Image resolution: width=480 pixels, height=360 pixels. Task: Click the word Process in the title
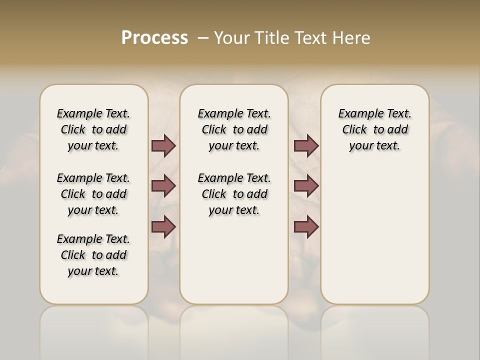pos(154,38)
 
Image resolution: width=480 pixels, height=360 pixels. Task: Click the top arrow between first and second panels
pos(163,146)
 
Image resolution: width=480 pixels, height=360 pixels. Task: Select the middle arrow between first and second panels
pos(163,186)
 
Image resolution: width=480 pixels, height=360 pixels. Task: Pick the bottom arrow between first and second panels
pos(163,227)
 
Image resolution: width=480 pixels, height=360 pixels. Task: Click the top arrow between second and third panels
pos(306,146)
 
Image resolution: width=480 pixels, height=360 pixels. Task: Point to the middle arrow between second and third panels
pos(306,186)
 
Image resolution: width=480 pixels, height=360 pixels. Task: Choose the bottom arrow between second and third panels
pos(306,227)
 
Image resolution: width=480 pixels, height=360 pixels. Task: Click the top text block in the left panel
pos(93,129)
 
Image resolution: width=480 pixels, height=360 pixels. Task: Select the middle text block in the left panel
pos(93,194)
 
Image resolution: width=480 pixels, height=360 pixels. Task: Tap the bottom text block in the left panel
pos(93,255)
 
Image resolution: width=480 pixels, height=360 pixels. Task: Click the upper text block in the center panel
pos(234,129)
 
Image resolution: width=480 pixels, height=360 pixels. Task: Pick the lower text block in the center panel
pos(234,194)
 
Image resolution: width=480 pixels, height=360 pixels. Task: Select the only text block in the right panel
pos(374,129)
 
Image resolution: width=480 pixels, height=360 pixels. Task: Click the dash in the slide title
pos(203,38)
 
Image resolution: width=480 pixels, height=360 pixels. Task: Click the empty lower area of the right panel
pos(374,235)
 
